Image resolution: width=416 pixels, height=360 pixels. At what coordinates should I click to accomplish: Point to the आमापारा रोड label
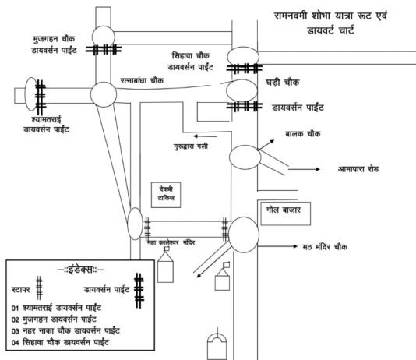tap(363, 168)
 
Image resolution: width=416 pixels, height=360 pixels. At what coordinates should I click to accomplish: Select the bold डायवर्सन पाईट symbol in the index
tap(139, 288)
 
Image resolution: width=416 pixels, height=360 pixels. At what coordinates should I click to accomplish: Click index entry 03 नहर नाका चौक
tap(69, 330)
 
